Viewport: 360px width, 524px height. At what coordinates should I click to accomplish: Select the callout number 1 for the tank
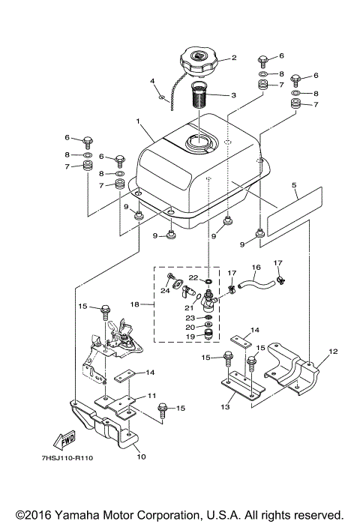tap(137, 121)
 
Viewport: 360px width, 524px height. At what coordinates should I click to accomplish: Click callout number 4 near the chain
tap(152, 81)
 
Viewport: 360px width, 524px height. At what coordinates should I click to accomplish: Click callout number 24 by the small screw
tap(165, 290)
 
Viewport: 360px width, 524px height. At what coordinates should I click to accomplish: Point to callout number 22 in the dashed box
tap(193, 278)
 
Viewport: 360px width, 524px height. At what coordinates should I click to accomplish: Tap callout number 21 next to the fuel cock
tap(188, 307)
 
